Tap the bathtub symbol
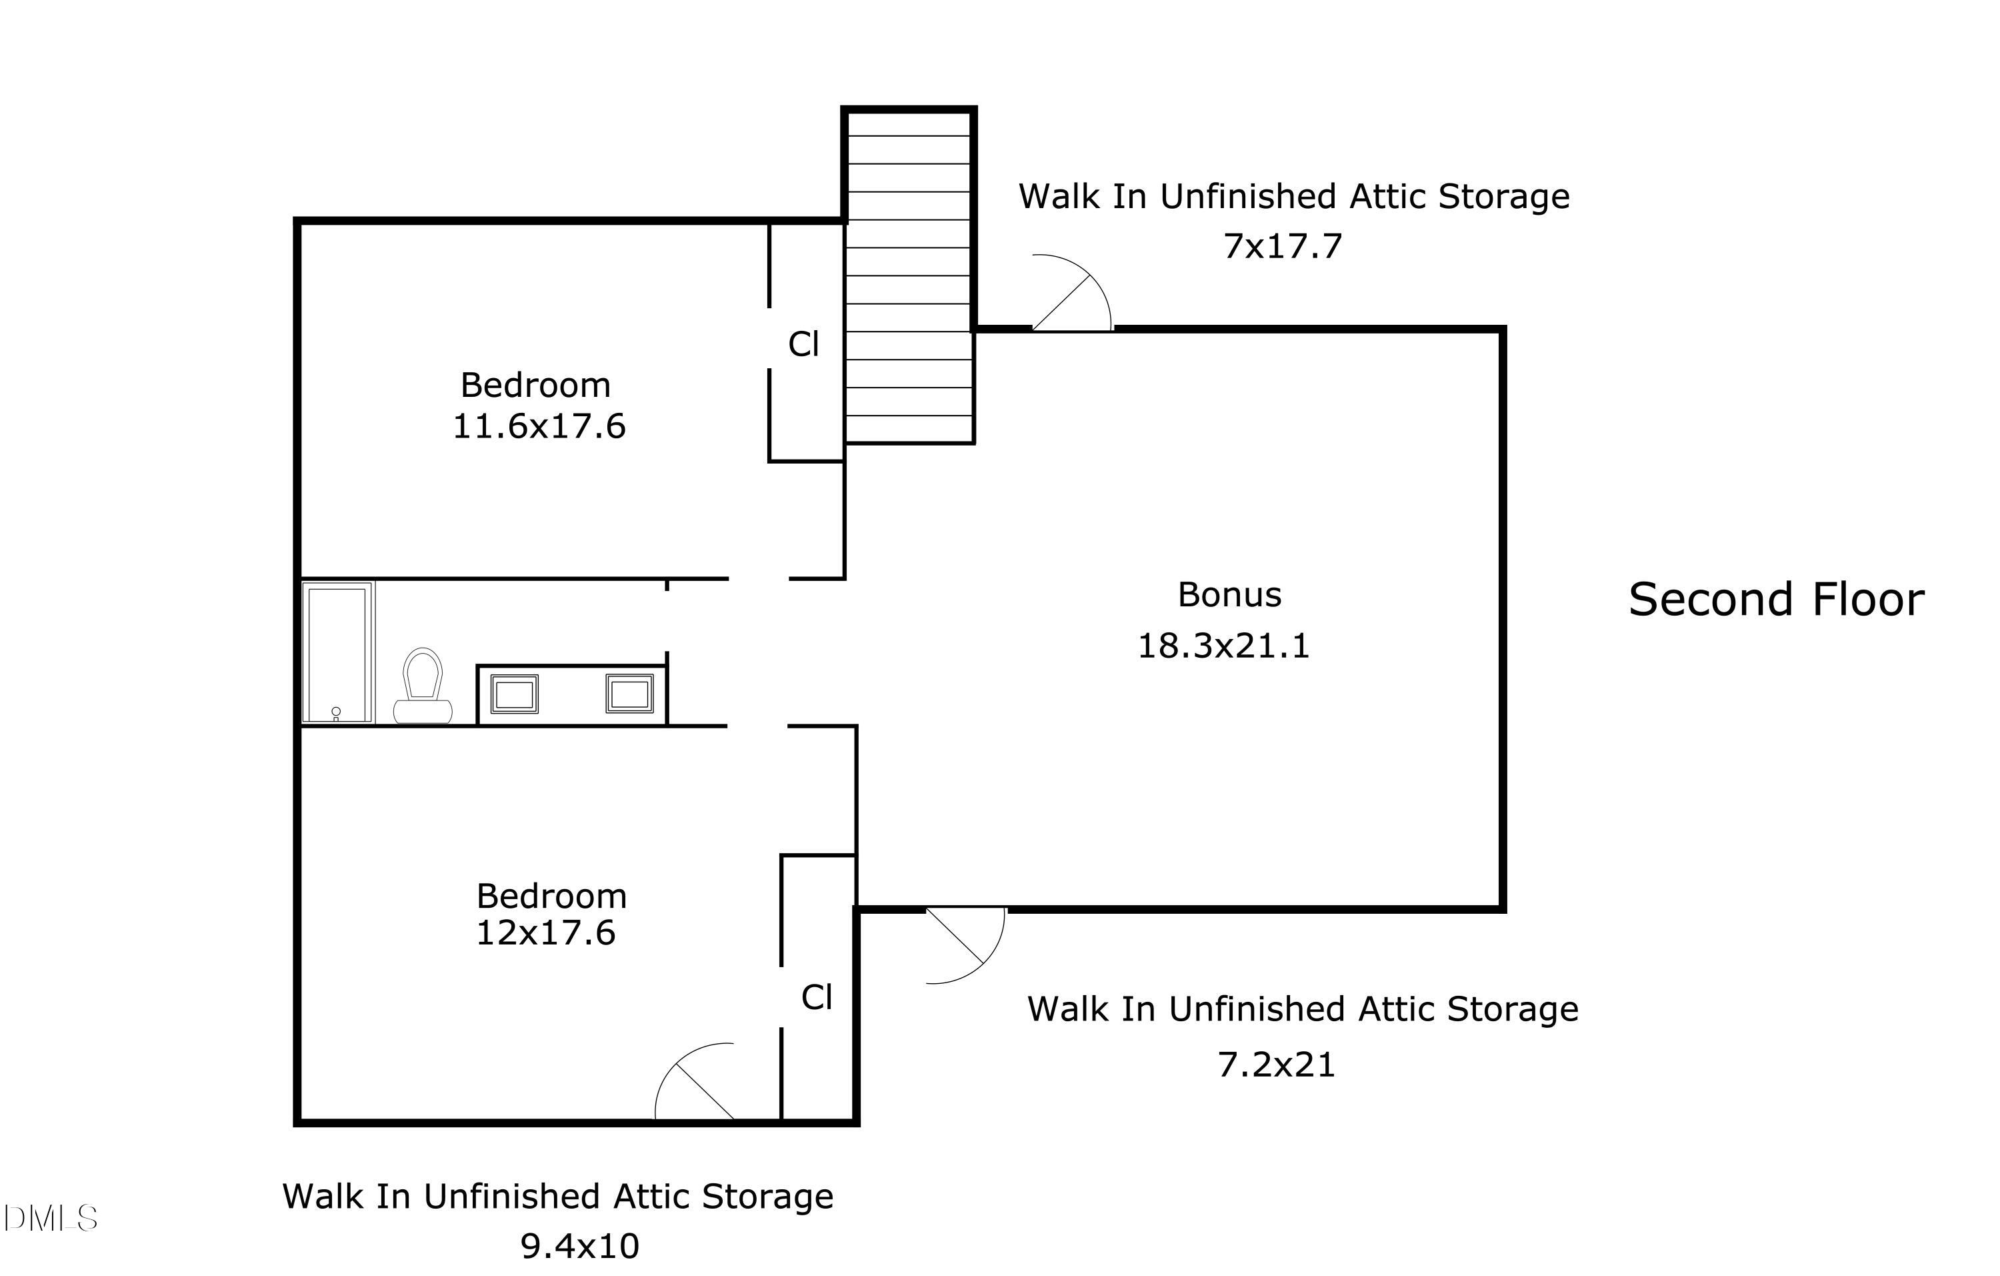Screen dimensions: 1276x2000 337,653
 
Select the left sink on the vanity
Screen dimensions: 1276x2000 514,694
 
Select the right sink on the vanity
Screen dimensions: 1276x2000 629,694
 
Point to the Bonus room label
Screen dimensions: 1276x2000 1229,595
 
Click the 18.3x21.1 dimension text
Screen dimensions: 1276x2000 1223,646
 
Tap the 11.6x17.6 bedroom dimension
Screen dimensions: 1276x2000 538,426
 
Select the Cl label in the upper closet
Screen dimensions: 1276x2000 803,344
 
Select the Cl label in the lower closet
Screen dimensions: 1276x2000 817,997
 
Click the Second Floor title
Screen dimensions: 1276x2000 1776,600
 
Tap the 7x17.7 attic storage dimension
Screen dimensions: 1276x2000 1283,247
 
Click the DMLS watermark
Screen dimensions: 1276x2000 50,1219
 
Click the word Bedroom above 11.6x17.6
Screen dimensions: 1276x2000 536,386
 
